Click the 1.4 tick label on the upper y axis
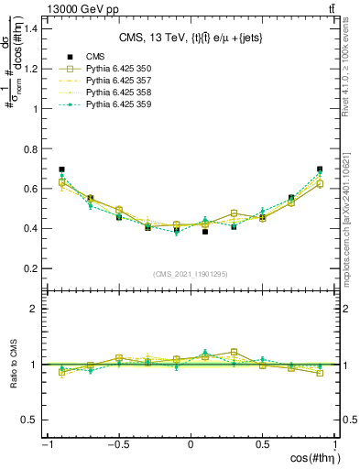point(27,28)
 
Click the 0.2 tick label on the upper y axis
point(27,268)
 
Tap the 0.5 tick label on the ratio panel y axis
point(27,420)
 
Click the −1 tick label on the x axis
point(45,444)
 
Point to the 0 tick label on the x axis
point(191,444)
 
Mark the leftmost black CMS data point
point(61,169)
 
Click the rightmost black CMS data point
point(320,169)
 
